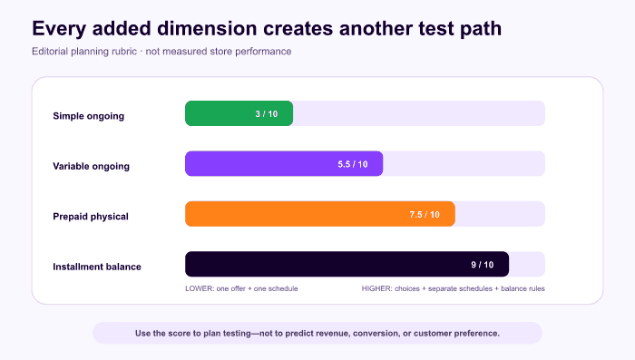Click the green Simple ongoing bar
click(239, 113)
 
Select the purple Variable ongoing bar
click(284, 163)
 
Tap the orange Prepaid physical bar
click(320, 214)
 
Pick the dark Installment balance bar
click(347, 264)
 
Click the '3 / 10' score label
click(267, 114)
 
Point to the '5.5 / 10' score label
click(353, 164)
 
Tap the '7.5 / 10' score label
click(425, 215)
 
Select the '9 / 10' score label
click(483, 265)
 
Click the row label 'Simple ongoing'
click(88, 116)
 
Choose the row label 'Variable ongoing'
click(91, 167)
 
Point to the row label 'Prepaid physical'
click(91, 217)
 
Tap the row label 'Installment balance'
click(97, 267)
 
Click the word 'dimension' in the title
click(207, 28)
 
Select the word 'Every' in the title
click(59, 29)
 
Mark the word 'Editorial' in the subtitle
click(50, 52)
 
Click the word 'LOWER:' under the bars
click(200, 288)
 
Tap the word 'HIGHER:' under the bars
click(377, 288)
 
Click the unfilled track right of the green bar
click(419, 113)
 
